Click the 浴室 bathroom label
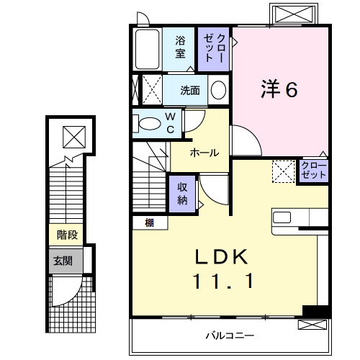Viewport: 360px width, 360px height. point(181,48)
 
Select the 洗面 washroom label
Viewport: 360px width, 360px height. point(190,91)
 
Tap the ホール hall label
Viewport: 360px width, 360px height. point(204,153)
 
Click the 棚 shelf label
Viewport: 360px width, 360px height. point(148,222)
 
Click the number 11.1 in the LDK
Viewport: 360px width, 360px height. point(222,283)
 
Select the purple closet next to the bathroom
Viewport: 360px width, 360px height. point(215,48)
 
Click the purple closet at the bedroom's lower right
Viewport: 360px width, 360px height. point(313,171)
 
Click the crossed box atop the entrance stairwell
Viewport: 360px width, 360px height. point(72,135)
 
